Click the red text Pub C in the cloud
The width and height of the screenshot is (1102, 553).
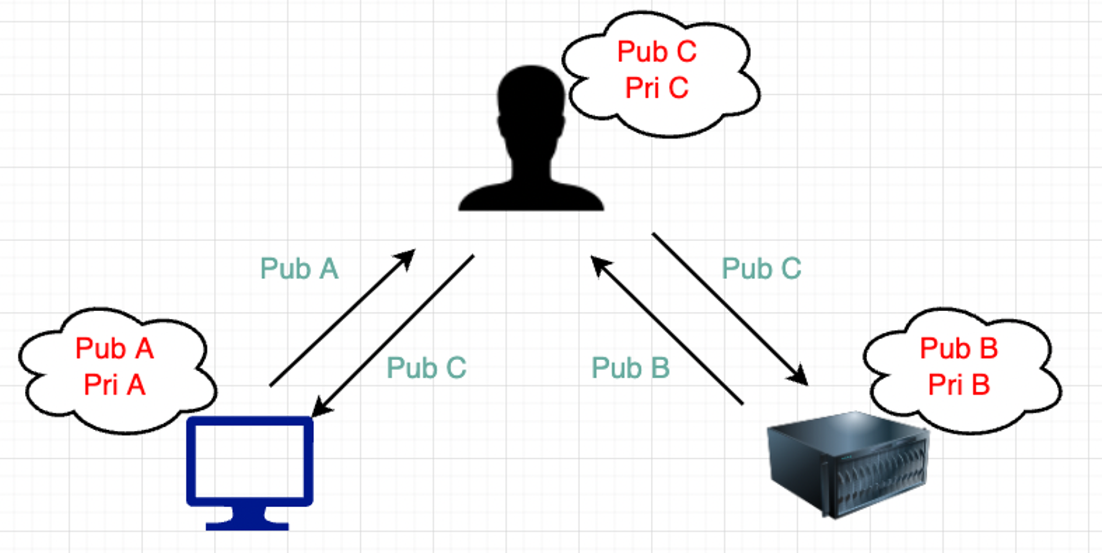click(657, 52)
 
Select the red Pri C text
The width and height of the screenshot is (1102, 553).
click(657, 88)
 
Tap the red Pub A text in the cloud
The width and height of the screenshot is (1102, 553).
click(114, 348)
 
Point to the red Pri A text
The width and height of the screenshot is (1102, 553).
click(114, 384)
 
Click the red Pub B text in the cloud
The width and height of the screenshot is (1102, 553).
click(959, 348)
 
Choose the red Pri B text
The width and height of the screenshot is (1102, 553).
click(959, 384)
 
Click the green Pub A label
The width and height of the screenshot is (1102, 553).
click(299, 269)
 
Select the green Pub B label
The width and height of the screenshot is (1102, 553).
click(630, 368)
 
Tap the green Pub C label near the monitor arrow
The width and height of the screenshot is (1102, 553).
click(426, 368)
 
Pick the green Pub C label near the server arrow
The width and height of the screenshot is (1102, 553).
click(761, 269)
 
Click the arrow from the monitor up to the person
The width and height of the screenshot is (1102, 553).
click(342, 317)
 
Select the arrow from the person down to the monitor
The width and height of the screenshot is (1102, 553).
click(393, 335)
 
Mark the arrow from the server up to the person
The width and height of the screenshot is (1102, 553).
click(667, 330)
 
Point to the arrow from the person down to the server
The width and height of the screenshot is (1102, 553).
click(730, 309)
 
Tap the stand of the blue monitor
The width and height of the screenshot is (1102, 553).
click(247, 518)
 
